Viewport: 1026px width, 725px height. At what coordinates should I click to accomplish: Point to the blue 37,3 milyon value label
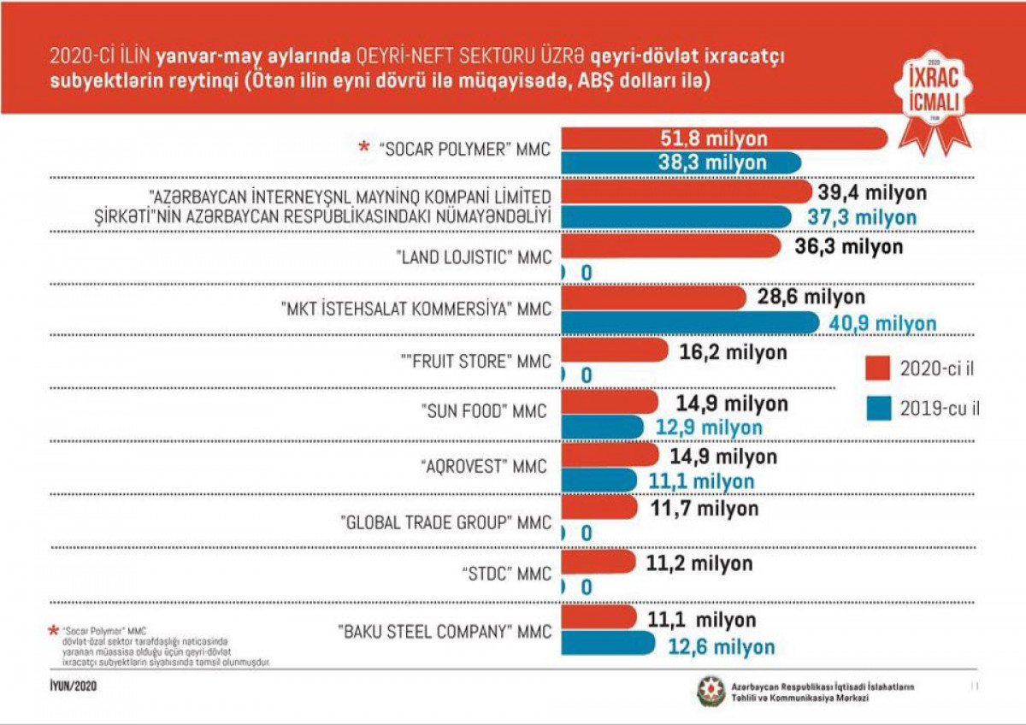click(x=862, y=217)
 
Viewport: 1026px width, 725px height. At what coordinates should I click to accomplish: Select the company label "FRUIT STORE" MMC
click(x=468, y=362)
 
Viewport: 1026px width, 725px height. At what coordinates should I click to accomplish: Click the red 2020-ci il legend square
click(x=876, y=368)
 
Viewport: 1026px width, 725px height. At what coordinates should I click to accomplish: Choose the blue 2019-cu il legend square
click(x=876, y=409)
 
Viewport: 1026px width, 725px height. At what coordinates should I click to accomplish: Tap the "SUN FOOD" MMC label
click(x=485, y=412)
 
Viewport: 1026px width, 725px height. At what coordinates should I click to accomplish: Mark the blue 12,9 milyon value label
click(x=709, y=426)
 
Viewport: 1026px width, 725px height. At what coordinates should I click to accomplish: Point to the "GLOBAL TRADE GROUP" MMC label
click(x=445, y=520)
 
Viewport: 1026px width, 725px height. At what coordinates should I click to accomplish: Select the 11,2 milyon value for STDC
click(x=698, y=563)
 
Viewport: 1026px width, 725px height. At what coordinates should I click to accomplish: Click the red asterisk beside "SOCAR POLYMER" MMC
click(x=364, y=147)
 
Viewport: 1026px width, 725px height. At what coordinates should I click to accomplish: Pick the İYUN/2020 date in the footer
click(x=73, y=686)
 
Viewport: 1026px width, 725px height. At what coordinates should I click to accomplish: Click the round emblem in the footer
click(x=711, y=691)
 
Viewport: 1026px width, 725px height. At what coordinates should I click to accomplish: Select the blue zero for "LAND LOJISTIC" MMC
click(x=587, y=272)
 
